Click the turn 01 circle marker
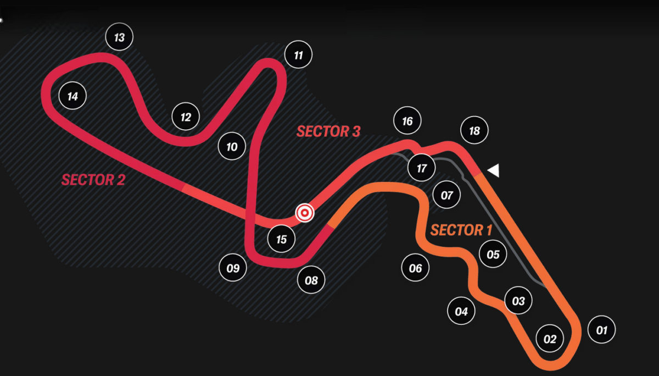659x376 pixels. [601, 330]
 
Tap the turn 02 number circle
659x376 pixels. [550, 339]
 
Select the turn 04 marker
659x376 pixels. [461, 312]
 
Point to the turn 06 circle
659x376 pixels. [415, 268]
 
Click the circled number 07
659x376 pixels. [446, 195]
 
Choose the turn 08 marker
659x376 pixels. [311, 281]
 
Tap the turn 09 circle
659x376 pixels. [233, 268]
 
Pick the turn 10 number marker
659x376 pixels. [232, 147]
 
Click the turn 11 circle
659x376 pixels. [298, 56]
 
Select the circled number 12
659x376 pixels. [186, 117]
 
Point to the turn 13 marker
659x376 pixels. [119, 37]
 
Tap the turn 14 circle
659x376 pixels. [72, 97]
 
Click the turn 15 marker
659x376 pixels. [281, 240]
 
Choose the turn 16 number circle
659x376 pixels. [407, 121]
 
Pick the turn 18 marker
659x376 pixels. [474, 130]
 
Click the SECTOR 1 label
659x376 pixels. [461, 230]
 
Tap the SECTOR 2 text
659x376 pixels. [93, 180]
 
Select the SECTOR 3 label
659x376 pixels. [328, 131]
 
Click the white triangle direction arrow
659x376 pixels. [493, 170]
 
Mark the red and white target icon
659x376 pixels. [304, 213]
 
